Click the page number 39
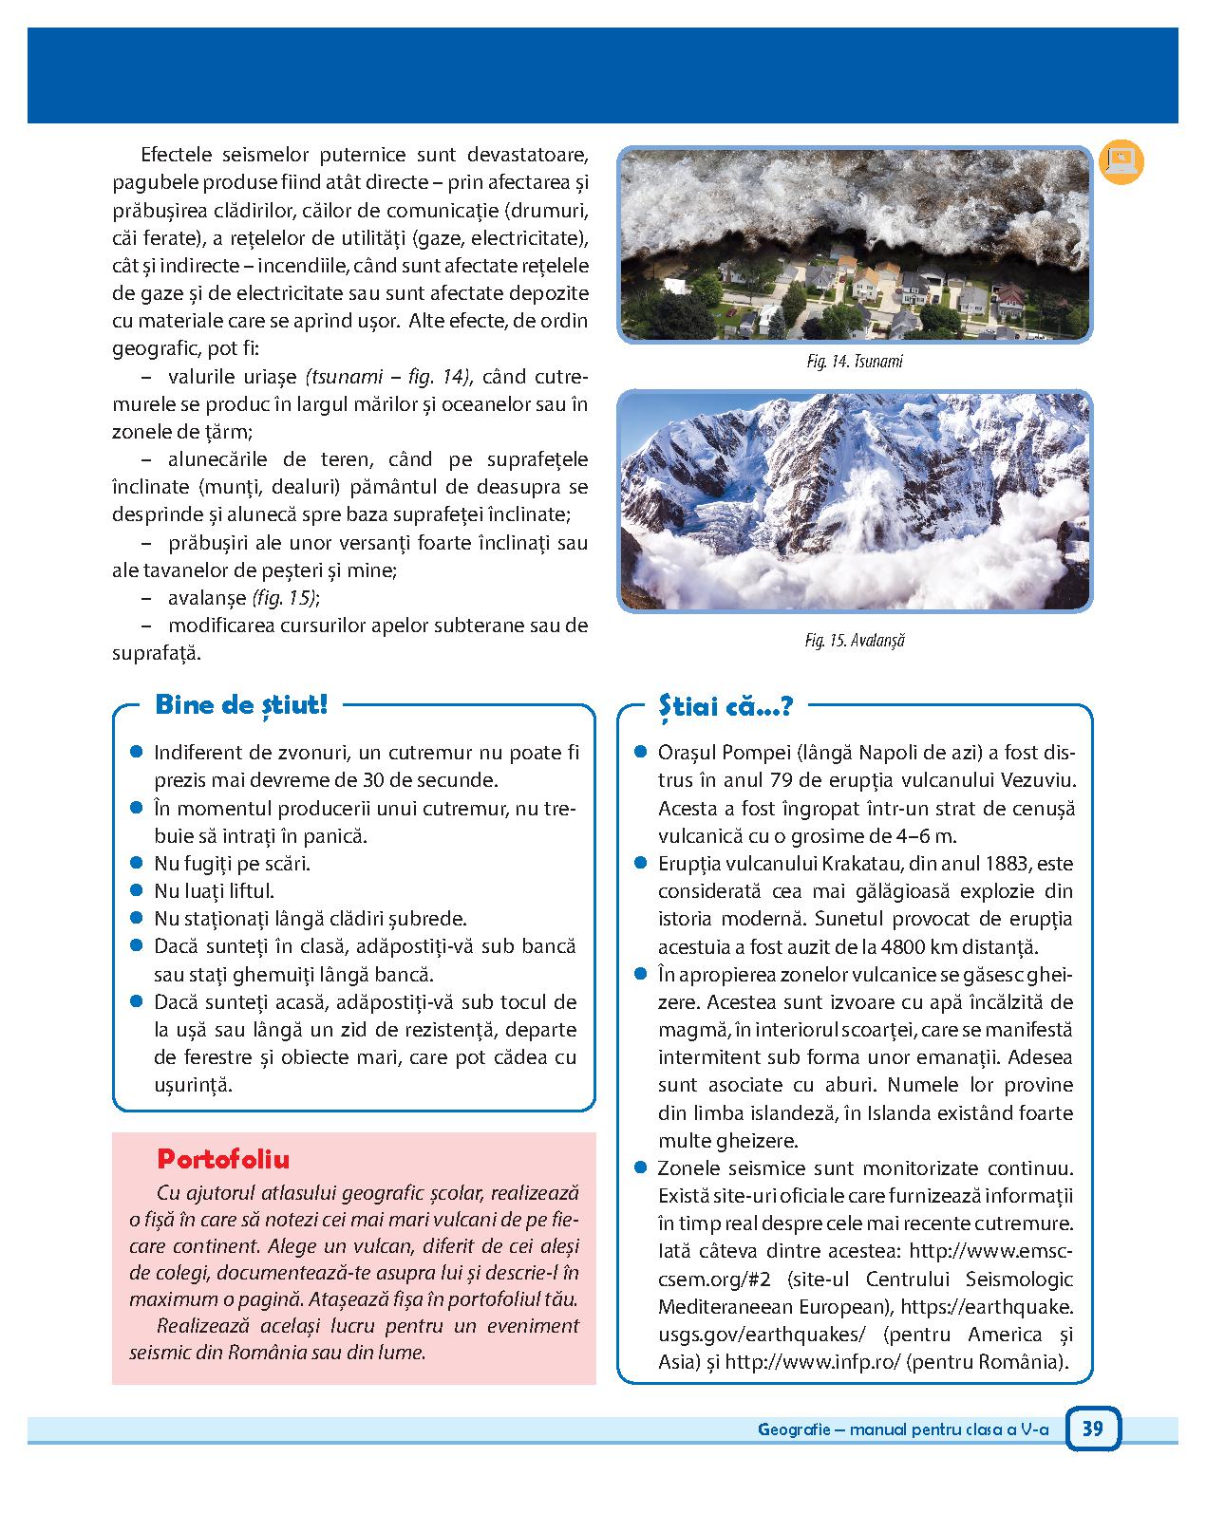(1092, 1428)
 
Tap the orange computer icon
(1121, 161)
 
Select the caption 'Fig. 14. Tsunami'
(854, 362)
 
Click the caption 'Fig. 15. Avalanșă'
(854, 641)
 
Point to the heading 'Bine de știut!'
(240, 705)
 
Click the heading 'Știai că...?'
(725, 705)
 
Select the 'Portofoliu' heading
(223, 1159)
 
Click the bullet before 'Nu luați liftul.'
(137, 890)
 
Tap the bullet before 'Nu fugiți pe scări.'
(137, 863)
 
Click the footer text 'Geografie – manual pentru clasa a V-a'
(903, 1429)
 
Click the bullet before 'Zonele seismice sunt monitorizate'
(641, 1167)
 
